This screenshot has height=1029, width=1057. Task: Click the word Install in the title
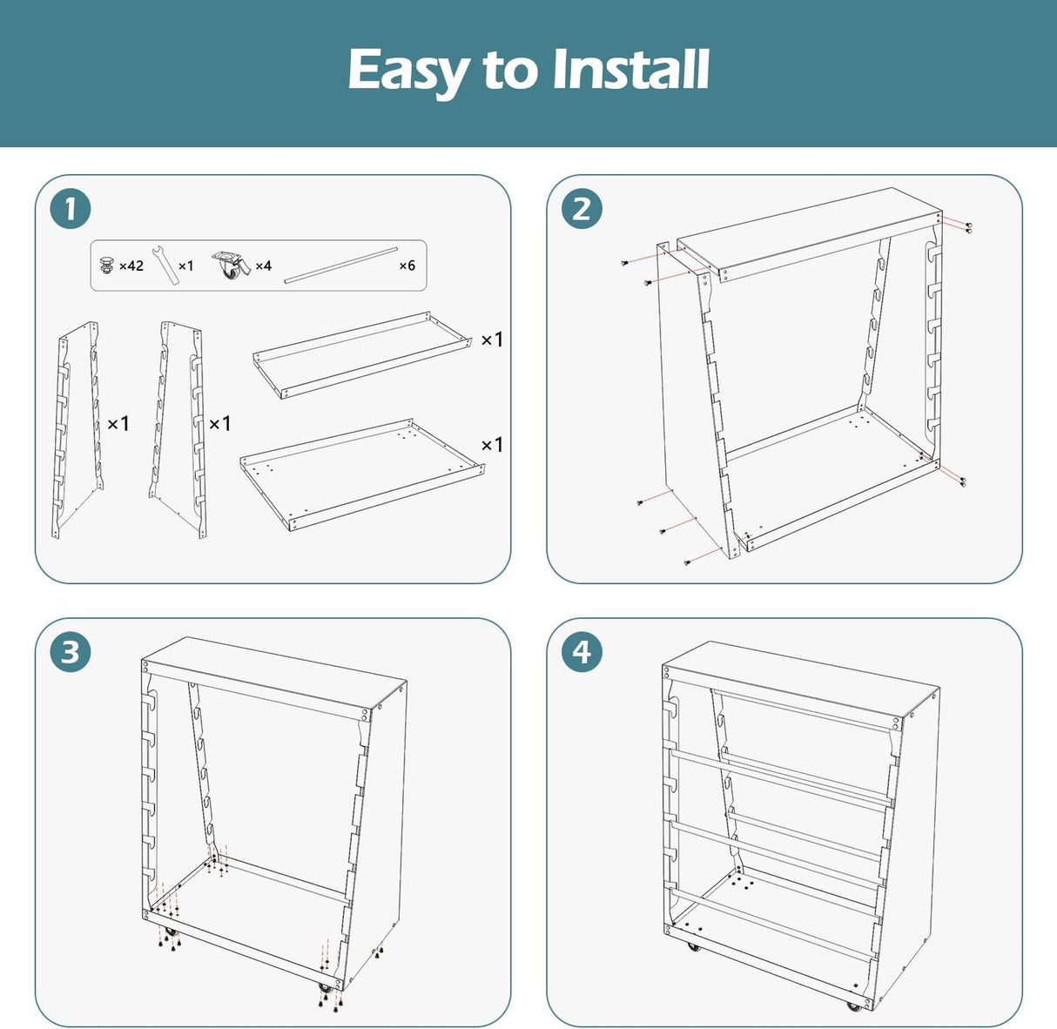(x=630, y=69)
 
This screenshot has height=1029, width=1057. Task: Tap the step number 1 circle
(x=71, y=209)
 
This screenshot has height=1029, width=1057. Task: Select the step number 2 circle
(x=582, y=209)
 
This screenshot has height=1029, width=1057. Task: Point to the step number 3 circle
(x=71, y=651)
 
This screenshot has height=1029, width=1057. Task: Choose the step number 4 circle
(x=582, y=651)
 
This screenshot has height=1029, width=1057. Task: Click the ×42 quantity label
(x=131, y=266)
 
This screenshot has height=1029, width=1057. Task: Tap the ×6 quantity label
(x=407, y=266)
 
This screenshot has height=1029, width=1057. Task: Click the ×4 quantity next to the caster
(x=264, y=266)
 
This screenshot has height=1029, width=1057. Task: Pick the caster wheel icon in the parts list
(x=232, y=265)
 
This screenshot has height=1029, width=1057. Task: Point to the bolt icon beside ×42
(x=107, y=265)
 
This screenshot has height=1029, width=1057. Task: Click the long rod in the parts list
(x=341, y=266)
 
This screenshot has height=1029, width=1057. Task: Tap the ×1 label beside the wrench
(x=185, y=266)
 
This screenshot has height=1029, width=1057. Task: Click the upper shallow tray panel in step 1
(x=362, y=355)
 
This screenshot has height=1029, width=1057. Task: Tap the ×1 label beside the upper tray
(x=492, y=340)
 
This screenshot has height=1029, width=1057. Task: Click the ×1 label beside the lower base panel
(x=492, y=445)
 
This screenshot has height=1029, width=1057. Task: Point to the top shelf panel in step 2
(x=810, y=234)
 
